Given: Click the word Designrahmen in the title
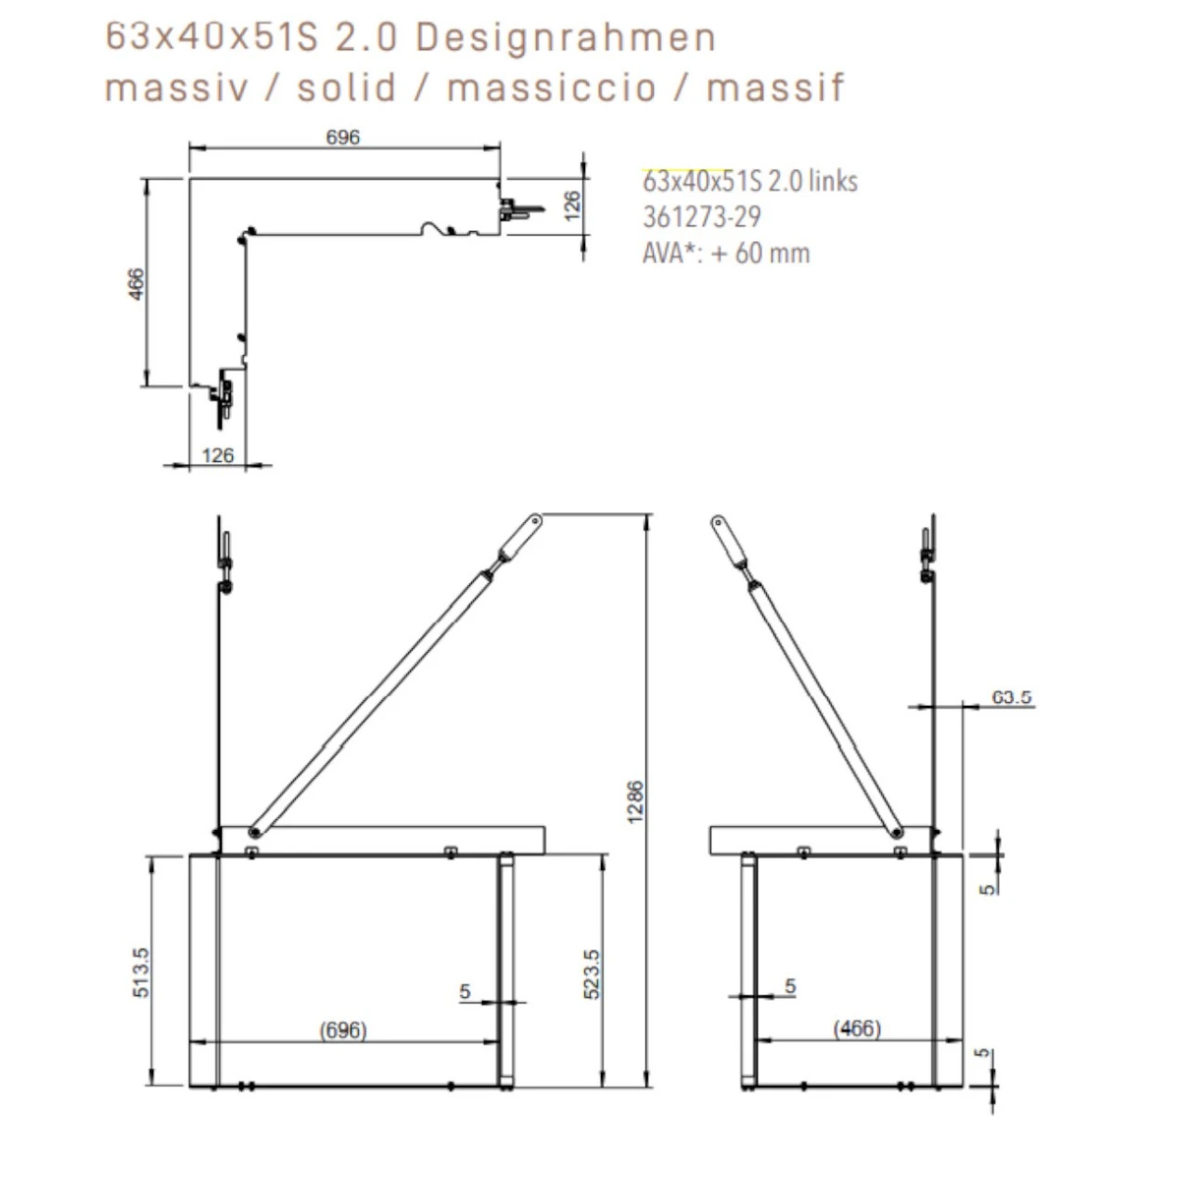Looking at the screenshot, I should point(566,39).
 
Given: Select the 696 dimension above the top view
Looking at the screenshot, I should point(342,137).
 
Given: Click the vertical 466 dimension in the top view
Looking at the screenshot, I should point(136,284).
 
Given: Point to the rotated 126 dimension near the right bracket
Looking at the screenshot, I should point(571,206).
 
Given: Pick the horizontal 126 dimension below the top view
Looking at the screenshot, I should point(218,455).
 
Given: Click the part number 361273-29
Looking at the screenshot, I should point(701,217).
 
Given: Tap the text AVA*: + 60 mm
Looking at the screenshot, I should point(725,253).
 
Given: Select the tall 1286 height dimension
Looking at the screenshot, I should point(635,801).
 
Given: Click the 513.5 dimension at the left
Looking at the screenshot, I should point(141,972).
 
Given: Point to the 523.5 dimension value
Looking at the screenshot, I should point(592,974).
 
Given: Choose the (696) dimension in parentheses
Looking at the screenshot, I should point(342,1030).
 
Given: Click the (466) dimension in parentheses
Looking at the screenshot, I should point(856,1028).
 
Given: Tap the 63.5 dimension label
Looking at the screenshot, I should point(1012,697).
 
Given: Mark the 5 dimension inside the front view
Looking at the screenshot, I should point(465,992).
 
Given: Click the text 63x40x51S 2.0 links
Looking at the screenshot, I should point(749,181).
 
